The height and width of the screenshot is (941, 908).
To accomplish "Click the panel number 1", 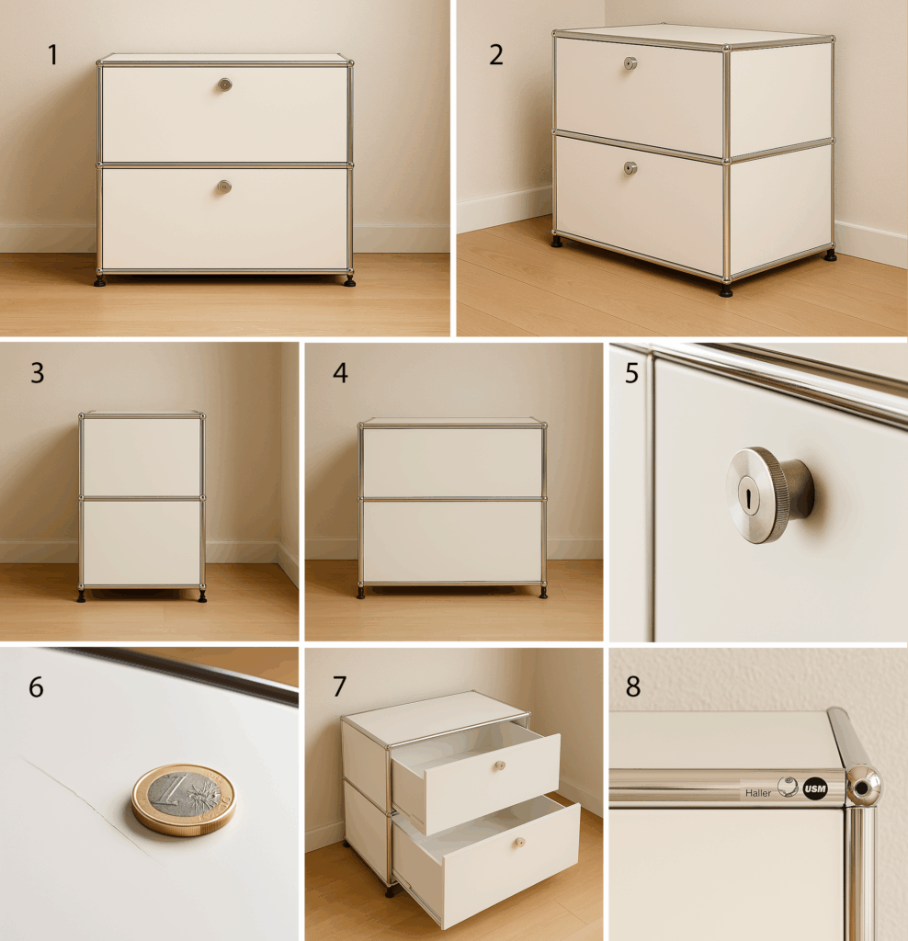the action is coord(52,55).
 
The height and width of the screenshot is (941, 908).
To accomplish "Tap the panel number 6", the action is coord(36,686).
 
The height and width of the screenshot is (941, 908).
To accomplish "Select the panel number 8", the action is coord(633,686).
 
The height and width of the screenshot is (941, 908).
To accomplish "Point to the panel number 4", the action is coord(340,373).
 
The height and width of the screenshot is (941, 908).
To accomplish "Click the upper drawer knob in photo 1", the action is coord(224,85).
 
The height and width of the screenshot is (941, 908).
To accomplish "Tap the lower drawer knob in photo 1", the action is coord(224,187).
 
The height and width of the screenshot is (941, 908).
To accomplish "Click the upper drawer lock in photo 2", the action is coord(630,63).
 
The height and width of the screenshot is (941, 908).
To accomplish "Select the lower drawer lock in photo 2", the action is coord(630,168).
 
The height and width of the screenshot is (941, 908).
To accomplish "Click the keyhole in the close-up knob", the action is coord(749,496).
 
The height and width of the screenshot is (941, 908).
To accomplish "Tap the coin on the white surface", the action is coord(184,799).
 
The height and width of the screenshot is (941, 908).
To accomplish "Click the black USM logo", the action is coord(815,788).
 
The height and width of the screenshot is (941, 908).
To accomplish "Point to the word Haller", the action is coord(758,793).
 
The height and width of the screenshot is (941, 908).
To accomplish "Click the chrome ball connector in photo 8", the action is coord(864,787).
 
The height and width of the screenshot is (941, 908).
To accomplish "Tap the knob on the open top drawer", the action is coord(499,765).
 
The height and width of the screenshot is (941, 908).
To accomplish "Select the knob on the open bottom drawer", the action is coord(520,843).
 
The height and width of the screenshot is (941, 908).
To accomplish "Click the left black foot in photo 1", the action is coord(99,280).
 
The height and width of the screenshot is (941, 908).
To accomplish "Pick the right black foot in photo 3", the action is coord(202,595).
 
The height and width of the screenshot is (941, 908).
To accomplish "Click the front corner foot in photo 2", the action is coord(726,290).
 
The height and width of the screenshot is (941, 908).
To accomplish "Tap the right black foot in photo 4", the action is coord(543,593).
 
